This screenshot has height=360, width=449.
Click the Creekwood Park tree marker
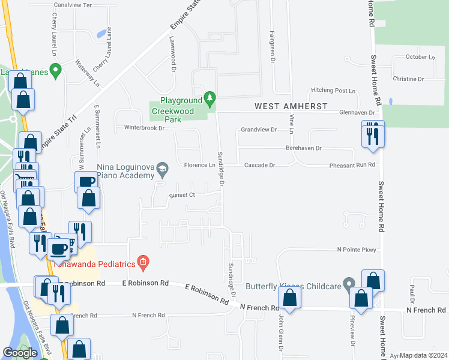point(209,97)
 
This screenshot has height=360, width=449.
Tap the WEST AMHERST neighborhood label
point(291,106)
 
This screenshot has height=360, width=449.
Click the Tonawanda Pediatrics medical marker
point(143,261)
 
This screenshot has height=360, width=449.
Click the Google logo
point(20,353)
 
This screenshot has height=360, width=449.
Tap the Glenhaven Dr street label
point(357,112)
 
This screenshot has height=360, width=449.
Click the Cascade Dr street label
point(259,165)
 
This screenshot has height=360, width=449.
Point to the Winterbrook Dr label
point(144,128)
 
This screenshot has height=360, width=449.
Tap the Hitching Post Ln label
point(333,91)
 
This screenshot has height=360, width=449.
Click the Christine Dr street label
point(408,79)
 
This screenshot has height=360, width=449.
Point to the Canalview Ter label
point(72,5)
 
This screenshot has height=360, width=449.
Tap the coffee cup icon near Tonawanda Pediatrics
point(59,247)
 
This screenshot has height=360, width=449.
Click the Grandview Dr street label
point(259,130)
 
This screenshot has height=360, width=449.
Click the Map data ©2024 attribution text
point(423,355)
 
